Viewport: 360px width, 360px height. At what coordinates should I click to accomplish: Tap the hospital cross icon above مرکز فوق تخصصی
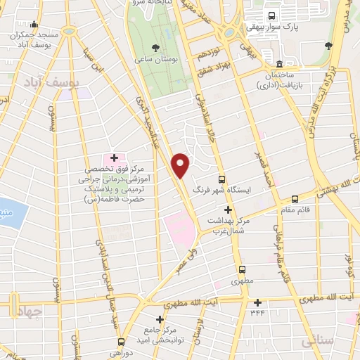[x=114, y=157]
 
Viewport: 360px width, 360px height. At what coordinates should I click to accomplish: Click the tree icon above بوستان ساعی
[x=155, y=49]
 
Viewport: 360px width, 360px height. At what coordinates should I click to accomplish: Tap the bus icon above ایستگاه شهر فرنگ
[x=222, y=179]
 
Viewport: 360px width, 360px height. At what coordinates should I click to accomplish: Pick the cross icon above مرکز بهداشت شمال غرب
[x=227, y=210]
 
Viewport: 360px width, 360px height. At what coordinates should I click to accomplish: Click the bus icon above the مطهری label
[x=242, y=269]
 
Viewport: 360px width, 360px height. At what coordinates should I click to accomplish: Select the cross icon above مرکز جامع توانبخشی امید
[x=161, y=319]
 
